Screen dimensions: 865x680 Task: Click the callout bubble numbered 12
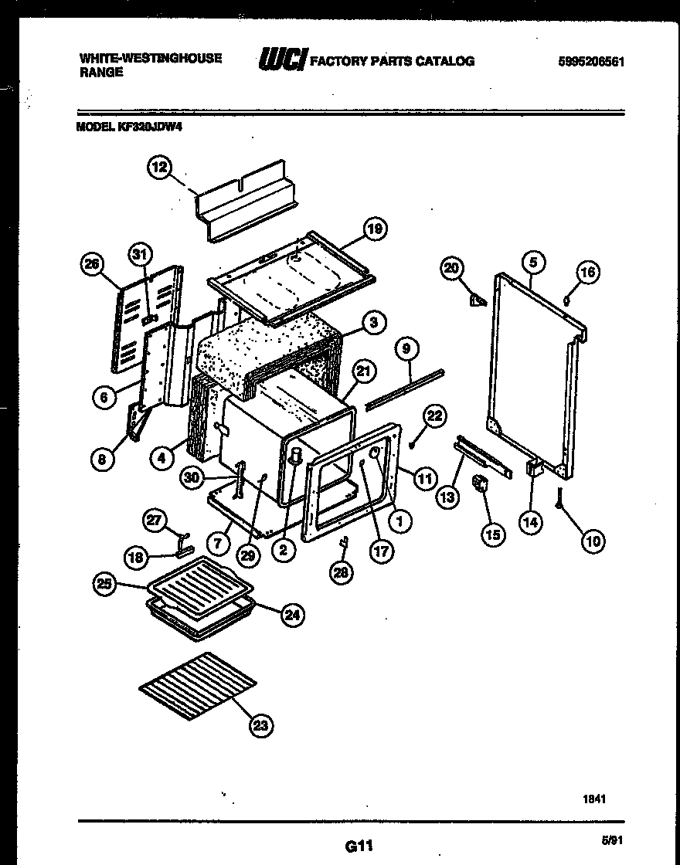[x=158, y=168]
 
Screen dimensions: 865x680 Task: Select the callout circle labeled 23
[x=261, y=724]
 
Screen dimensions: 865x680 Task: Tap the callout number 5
[x=532, y=262]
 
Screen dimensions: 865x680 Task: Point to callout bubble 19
[x=374, y=229]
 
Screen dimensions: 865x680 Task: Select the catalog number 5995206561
[x=590, y=62]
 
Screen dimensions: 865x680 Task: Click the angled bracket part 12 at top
[x=243, y=201]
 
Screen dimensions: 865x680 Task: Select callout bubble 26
[x=92, y=265]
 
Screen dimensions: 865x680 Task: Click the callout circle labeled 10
[x=593, y=541]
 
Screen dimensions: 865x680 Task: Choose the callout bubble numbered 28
[x=340, y=572]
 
